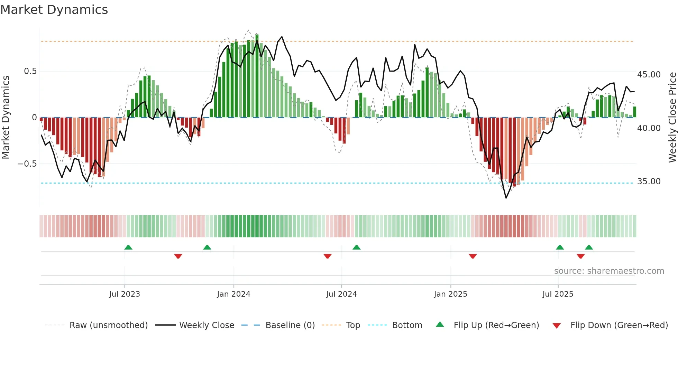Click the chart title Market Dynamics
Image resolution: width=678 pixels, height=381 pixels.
tap(54, 10)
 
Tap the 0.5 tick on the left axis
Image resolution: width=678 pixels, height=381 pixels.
tap(30, 71)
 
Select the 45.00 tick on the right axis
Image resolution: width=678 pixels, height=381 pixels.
tap(649, 75)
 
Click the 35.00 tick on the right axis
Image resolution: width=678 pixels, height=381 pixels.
tap(649, 182)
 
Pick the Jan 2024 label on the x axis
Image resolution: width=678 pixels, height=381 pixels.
tap(233, 294)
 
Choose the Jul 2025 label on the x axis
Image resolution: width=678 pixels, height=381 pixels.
tap(558, 294)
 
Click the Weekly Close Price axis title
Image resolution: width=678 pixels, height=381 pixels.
tap(672, 118)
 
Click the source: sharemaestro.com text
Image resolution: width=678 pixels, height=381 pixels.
tap(609, 271)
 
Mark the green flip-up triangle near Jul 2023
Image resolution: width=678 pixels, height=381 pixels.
tap(128, 247)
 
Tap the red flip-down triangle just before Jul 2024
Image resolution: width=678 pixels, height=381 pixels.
tap(328, 256)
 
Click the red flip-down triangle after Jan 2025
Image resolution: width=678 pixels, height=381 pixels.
tap(473, 256)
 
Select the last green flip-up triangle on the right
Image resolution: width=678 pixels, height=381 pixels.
tap(589, 247)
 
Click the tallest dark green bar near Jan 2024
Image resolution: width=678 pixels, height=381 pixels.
tap(257, 76)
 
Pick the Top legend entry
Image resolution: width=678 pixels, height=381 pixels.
tap(353, 325)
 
